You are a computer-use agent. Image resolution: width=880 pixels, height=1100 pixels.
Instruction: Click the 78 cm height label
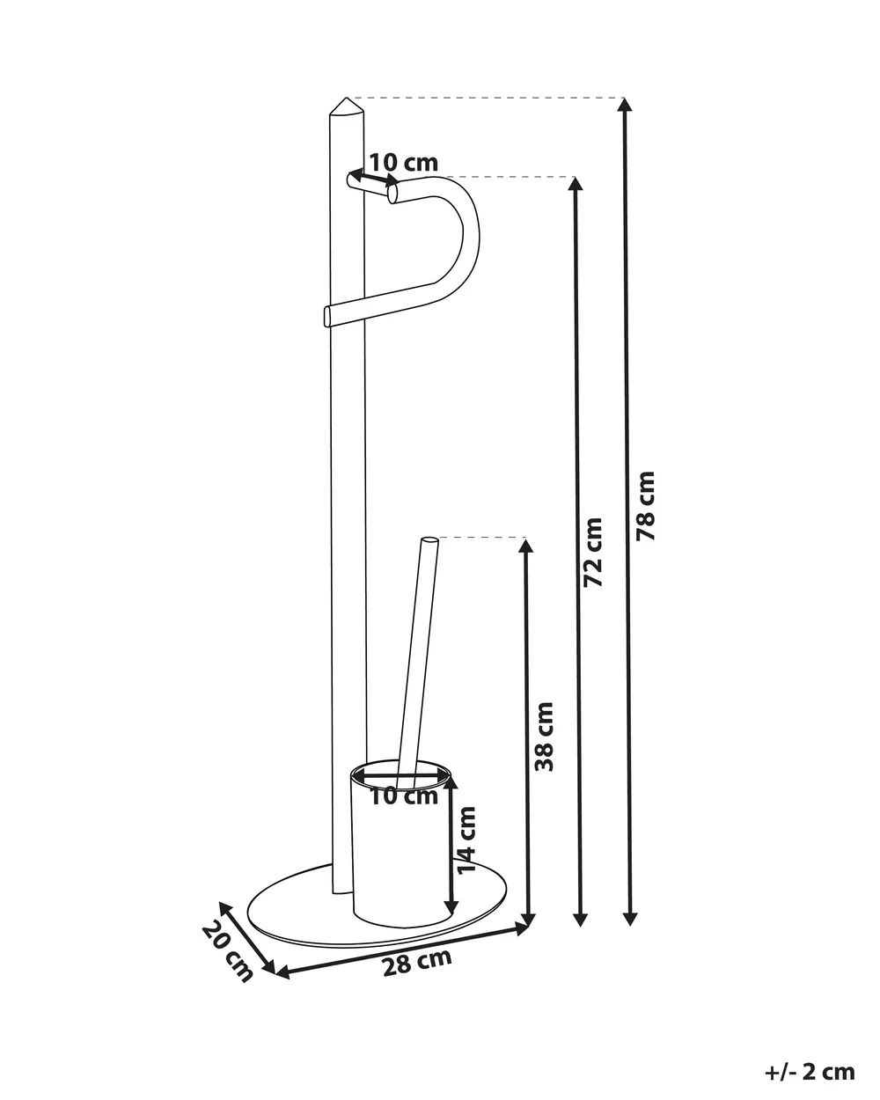click(x=645, y=506)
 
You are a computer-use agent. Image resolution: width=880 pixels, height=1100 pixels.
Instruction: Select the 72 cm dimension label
click(x=593, y=553)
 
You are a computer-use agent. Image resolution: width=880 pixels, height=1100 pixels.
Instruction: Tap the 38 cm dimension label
click(x=544, y=737)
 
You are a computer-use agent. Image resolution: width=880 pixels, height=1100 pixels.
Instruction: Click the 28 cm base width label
click(x=417, y=962)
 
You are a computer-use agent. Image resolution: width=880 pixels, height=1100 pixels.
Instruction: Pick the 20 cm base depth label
click(x=228, y=952)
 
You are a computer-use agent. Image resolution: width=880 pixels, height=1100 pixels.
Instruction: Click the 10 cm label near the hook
click(x=404, y=163)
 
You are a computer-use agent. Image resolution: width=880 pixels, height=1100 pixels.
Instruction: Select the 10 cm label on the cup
click(x=404, y=796)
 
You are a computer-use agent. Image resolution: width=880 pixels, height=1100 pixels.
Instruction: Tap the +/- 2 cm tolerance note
click(x=810, y=1058)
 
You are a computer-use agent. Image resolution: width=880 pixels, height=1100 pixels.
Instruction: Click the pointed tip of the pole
click(x=347, y=98)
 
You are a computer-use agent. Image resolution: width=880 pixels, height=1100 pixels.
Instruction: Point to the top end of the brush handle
click(x=429, y=539)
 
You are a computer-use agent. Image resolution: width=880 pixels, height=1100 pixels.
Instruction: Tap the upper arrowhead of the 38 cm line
click(x=525, y=545)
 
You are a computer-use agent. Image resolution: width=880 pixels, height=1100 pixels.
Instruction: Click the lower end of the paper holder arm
click(x=327, y=315)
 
